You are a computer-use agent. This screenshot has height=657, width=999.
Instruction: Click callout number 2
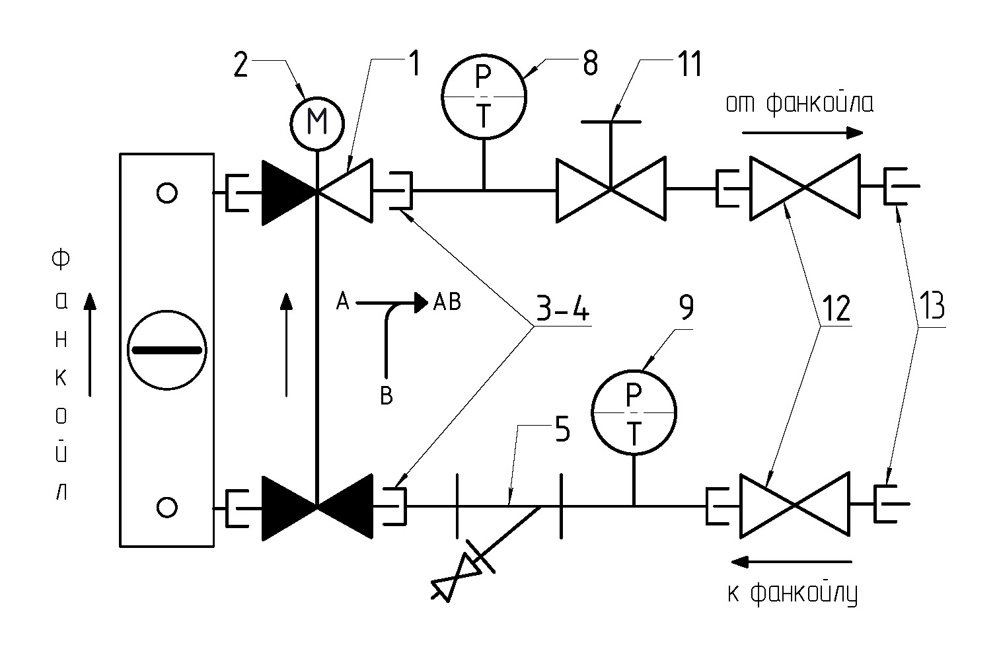click(240, 65)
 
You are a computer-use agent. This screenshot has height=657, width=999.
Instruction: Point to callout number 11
click(690, 63)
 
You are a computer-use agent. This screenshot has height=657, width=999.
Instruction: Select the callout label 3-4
click(563, 307)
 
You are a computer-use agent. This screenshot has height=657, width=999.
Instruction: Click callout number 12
click(836, 308)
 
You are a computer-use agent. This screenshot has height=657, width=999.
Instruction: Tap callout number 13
click(932, 307)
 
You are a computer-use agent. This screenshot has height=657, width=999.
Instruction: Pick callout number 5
click(563, 429)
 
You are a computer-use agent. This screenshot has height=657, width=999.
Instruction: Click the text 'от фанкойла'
click(799, 104)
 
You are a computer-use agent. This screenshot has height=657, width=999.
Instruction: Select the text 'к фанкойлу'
click(792, 593)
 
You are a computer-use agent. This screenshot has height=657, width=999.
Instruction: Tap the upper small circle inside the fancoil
click(166, 193)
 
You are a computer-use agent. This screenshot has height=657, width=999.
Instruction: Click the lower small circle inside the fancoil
click(166, 508)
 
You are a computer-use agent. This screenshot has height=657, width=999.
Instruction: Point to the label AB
click(447, 302)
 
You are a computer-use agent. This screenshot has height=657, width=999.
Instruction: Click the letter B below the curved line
click(387, 396)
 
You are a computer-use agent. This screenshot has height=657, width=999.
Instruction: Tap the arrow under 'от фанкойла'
click(803, 132)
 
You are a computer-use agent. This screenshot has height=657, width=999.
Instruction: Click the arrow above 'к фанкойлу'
click(792, 562)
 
